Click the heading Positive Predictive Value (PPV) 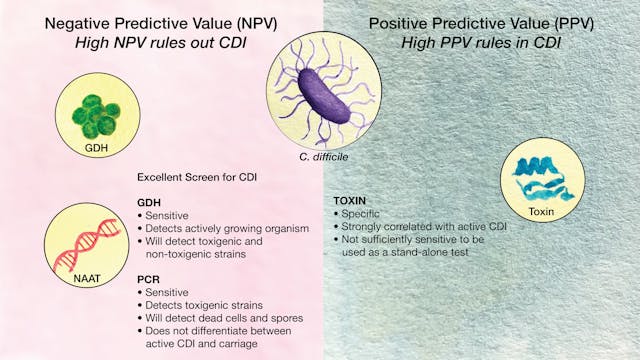click(x=479, y=23)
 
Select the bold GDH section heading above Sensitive click(x=148, y=200)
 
